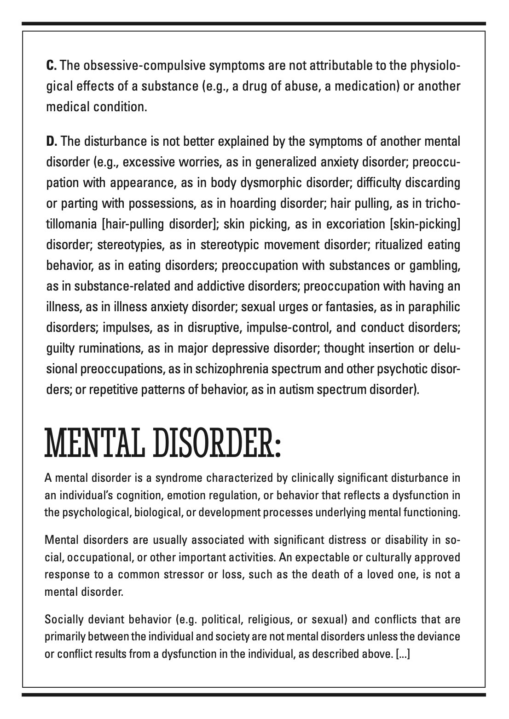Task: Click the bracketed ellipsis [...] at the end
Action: [403, 654]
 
